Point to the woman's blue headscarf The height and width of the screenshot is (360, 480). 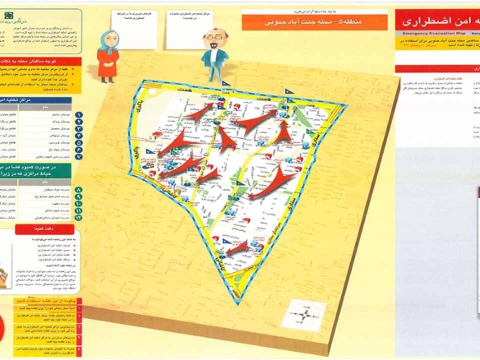(x=106, y=39)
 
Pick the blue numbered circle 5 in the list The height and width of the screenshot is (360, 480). (x=79, y=141)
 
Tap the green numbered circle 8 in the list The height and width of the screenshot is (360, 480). (x=78, y=192)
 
